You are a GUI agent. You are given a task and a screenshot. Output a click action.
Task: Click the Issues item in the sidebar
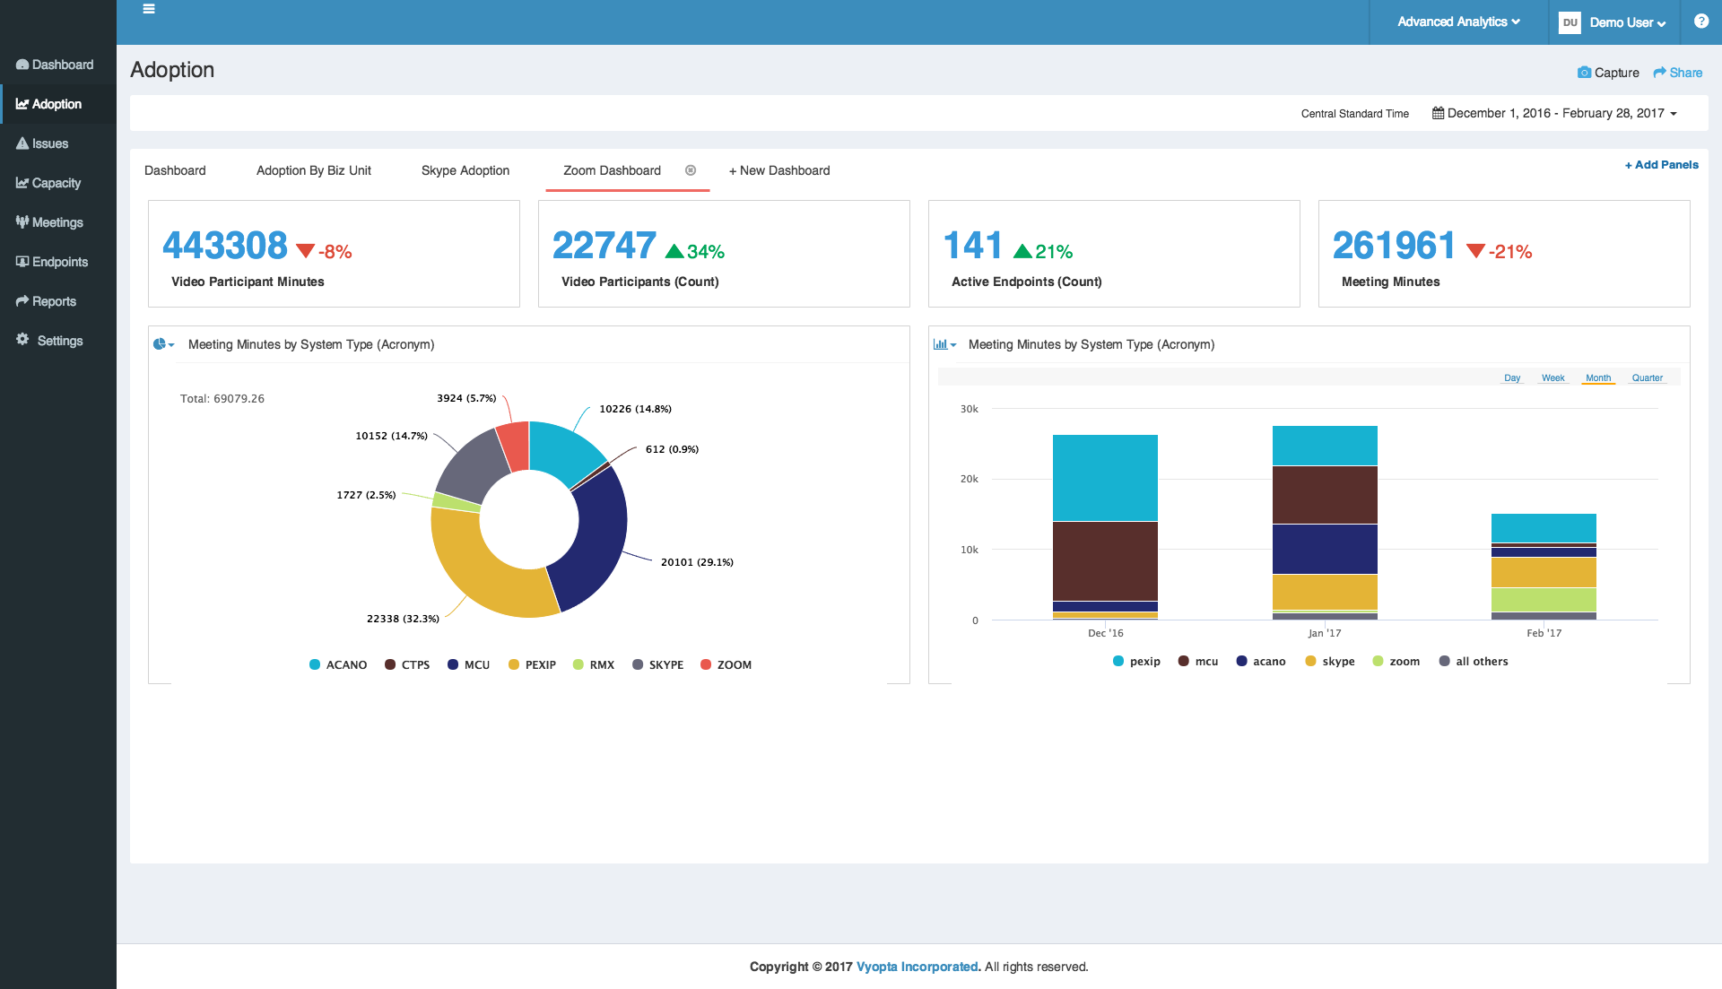(42, 143)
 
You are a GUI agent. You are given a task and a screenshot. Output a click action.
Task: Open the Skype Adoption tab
(465, 170)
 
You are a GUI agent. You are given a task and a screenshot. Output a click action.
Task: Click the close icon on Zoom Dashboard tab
(691, 170)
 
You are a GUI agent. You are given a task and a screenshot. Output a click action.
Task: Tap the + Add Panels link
(1662, 165)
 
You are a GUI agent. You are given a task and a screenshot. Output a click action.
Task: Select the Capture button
(1608, 73)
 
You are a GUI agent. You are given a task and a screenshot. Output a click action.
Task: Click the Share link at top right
(1678, 73)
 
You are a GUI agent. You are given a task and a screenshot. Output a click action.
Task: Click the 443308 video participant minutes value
(225, 245)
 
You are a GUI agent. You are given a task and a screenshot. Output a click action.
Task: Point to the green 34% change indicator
(695, 251)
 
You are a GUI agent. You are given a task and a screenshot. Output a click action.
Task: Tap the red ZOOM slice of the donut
(514, 446)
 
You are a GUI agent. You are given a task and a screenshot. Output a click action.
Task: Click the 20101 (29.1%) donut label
(697, 562)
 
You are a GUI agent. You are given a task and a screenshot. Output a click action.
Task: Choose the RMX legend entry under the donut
(594, 664)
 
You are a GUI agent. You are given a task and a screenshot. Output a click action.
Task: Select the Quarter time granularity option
(1648, 377)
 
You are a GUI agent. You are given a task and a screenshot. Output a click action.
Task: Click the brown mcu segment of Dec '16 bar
(1105, 561)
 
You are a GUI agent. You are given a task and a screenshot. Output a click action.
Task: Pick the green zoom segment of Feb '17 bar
(1544, 600)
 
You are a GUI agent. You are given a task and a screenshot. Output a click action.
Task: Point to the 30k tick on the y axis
(970, 409)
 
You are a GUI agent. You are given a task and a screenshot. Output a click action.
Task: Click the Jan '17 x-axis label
(1325, 633)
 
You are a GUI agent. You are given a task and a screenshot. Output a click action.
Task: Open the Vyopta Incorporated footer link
(918, 967)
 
